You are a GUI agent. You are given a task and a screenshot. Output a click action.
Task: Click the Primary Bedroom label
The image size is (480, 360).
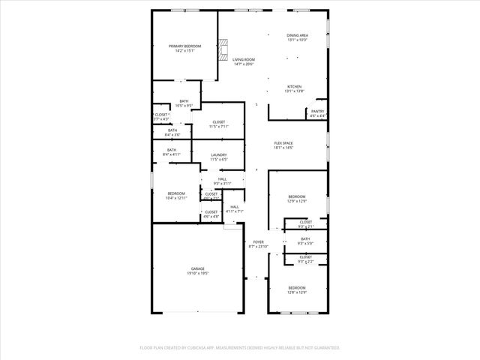pos(184,46)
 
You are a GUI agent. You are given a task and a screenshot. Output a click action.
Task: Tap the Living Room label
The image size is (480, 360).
pos(244,60)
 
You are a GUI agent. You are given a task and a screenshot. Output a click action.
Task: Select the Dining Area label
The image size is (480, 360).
pos(297,35)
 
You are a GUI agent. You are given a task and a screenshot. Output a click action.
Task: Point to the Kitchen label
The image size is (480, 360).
pos(295,86)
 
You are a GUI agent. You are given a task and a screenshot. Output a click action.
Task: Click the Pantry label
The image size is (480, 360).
pos(318,112)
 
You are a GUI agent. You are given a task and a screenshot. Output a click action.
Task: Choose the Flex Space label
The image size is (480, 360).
pos(283,143)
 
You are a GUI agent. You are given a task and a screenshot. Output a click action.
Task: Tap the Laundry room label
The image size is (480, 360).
pos(218,155)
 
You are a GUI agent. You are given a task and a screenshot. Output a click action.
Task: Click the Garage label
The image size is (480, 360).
pos(197,268)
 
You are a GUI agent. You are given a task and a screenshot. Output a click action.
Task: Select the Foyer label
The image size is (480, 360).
pos(257,241)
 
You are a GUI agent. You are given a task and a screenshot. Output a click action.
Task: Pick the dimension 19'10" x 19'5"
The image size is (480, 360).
pos(197,273)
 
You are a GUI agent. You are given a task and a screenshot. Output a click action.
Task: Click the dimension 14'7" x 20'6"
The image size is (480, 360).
pos(244,64)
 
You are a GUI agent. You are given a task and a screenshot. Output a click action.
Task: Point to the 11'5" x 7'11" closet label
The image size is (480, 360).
pos(219,122)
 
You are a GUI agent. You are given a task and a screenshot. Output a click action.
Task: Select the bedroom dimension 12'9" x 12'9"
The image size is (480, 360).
pos(297,202)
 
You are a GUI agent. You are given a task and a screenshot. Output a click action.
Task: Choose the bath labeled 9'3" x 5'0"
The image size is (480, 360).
pos(305,239)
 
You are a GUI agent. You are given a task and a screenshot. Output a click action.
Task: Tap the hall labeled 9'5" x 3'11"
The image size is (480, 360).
pos(222,179)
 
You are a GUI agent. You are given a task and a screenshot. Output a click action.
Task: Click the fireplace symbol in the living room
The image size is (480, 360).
pos(222,51)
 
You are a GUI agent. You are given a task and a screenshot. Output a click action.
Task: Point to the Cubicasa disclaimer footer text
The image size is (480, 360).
pos(240,348)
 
